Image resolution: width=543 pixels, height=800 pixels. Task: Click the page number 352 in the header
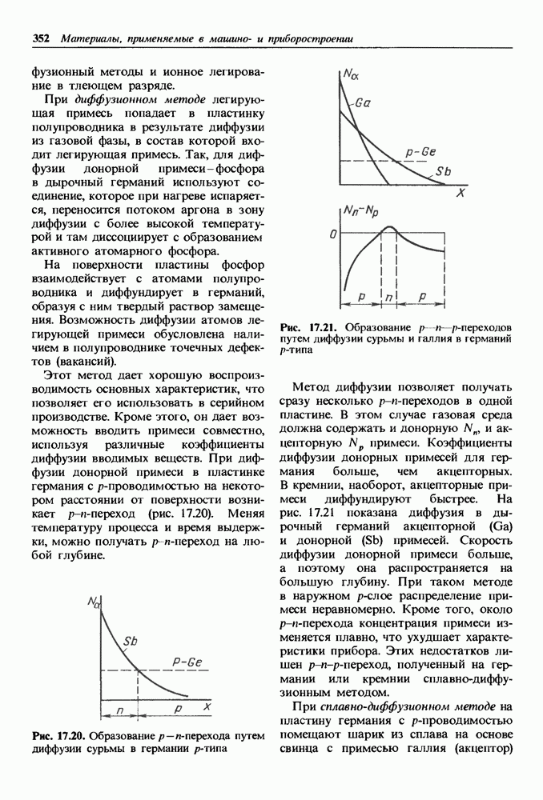[42, 38]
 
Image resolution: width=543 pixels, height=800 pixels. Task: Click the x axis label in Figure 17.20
[206, 707]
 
